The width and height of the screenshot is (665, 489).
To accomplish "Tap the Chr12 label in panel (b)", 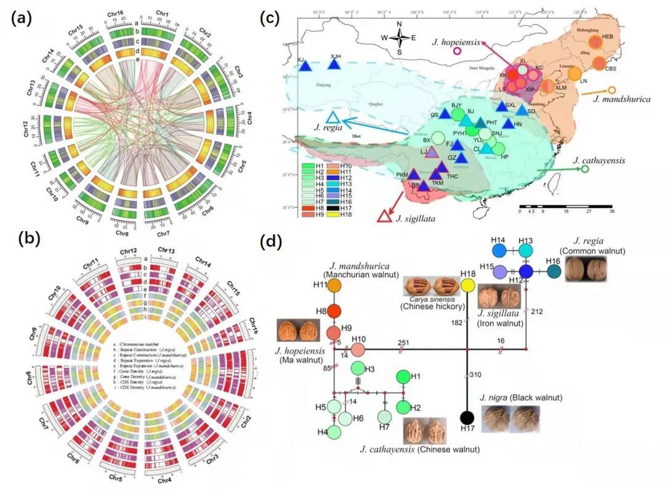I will click(x=129, y=251).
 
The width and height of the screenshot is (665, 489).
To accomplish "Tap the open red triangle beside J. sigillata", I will click(x=385, y=215).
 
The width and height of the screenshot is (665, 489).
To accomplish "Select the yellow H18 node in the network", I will click(x=468, y=285).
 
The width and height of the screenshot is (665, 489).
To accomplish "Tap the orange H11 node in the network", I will click(x=334, y=285).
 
